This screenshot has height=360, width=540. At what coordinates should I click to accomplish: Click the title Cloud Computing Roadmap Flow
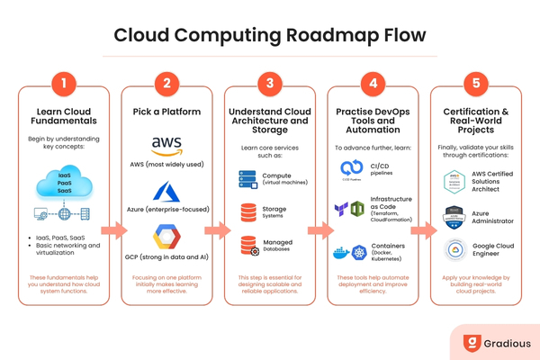269,35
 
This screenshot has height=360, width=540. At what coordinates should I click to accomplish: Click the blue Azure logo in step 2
166,193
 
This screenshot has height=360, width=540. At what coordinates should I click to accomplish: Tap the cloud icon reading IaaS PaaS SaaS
64,184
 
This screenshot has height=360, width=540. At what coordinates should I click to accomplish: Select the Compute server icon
247,179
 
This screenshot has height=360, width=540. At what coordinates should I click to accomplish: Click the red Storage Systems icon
247,211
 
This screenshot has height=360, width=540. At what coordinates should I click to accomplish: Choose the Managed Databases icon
247,244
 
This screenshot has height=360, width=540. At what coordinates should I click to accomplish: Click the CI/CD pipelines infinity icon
352,168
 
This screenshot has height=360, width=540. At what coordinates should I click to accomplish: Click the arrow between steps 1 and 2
114,230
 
